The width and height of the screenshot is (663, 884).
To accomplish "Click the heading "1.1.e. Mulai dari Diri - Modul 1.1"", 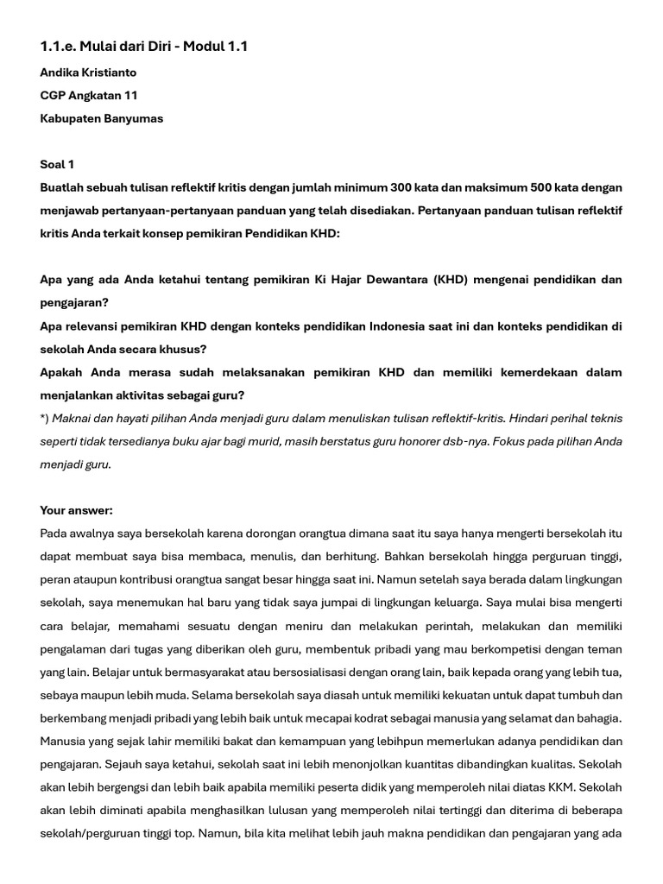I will point(143,47).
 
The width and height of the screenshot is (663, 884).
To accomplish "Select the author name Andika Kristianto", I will point(88,73).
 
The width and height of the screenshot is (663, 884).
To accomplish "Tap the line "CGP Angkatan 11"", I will point(88,96).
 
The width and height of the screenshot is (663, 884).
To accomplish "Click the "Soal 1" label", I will point(57,165).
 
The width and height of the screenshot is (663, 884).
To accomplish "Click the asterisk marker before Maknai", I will point(44,419).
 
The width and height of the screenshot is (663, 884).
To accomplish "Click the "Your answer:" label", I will point(76,510).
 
